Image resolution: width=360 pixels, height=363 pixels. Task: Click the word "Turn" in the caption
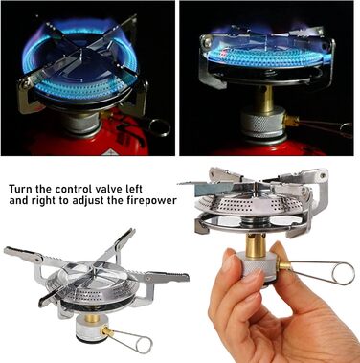21,189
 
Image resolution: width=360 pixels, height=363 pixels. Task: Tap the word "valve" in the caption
105,189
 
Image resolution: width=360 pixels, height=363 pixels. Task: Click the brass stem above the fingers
255,245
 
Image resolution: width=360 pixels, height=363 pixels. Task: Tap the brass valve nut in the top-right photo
291,121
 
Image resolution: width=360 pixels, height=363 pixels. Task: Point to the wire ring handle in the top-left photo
159,127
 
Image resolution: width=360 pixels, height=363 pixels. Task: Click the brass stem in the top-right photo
264,97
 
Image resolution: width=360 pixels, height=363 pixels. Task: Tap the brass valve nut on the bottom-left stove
108,332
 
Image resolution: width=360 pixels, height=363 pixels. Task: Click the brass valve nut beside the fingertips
283,264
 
